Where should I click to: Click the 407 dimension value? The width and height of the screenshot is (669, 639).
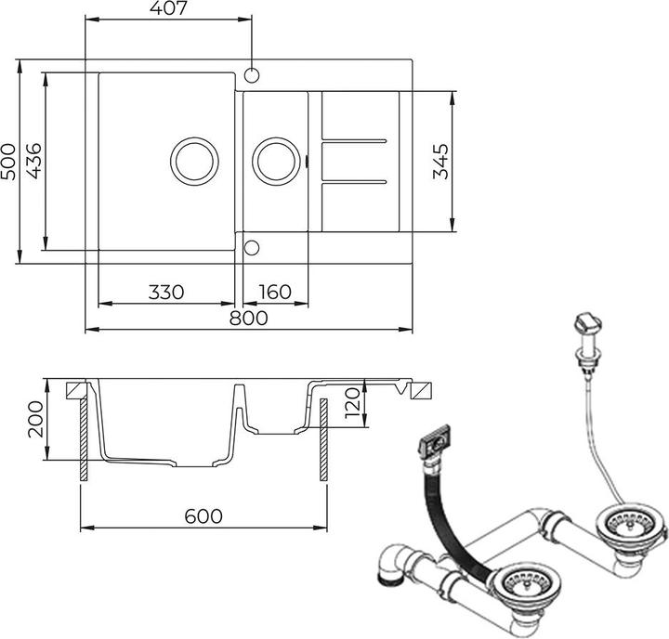point(168,8)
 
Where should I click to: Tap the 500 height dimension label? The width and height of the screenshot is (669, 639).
point(8,162)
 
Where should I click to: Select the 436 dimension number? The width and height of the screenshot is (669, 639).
point(33,161)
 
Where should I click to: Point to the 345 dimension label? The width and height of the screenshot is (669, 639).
point(441,162)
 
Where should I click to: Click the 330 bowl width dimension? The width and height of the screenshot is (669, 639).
point(166,293)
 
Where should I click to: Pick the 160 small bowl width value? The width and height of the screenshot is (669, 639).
point(275,293)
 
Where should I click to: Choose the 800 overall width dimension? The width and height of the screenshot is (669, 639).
point(249,319)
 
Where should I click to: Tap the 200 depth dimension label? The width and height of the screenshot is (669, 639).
point(35,419)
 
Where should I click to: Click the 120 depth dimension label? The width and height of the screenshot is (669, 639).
point(353,403)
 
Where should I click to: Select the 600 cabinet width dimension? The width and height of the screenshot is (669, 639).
point(203,516)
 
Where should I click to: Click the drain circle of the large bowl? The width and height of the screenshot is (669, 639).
point(194,162)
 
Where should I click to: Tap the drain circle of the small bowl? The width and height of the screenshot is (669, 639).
point(276,162)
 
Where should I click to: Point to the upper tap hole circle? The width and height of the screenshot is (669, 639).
point(252,75)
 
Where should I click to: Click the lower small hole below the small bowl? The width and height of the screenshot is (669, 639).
point(252,248)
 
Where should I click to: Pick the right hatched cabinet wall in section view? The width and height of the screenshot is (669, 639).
point(324,440)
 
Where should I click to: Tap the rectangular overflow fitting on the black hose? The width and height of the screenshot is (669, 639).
point(435,442)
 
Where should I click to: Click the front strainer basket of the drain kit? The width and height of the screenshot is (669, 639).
point(527,583)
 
